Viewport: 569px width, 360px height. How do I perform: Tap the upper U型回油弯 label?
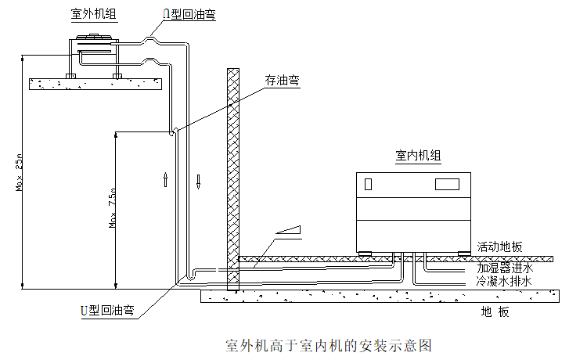[189, 15]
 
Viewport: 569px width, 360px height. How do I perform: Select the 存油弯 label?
[283, 80]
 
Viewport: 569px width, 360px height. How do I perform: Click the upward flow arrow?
[165, 179]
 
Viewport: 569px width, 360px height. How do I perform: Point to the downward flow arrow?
[199, 182]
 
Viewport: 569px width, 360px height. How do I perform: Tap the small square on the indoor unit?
[368, 185]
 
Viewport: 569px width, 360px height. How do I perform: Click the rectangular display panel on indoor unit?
[447, 185]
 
